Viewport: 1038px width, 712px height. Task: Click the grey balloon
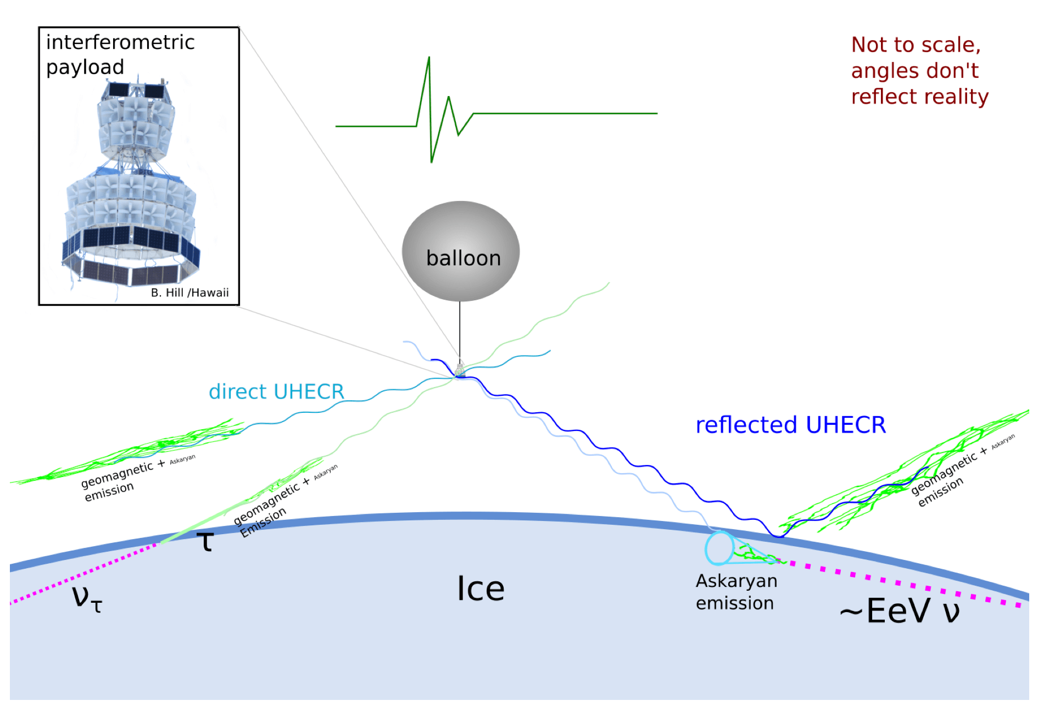point(460,251)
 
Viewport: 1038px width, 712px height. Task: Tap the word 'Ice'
point(481,589)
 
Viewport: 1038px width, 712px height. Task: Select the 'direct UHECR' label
point(276,391)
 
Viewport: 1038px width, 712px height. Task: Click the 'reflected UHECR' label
point(790,425)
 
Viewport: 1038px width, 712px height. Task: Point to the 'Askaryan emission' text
point(736,592)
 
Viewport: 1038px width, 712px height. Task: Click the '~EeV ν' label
point(900,610)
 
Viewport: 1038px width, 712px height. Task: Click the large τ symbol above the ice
point(205,541)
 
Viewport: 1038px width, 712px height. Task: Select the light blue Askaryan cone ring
point(719,548)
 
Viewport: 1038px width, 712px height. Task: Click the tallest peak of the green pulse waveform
point(429,58)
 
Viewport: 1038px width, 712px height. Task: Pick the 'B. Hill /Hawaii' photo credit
point(189,293)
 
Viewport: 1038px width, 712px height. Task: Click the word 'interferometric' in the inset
point(120,42)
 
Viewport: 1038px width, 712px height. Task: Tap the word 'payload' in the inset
point(85,67)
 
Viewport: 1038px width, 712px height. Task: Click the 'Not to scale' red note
point(916,45)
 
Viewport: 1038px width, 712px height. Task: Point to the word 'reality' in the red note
point(955,97)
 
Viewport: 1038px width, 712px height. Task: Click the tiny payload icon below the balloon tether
point(460,369)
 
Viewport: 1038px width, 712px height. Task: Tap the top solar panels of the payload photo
point(136,90)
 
